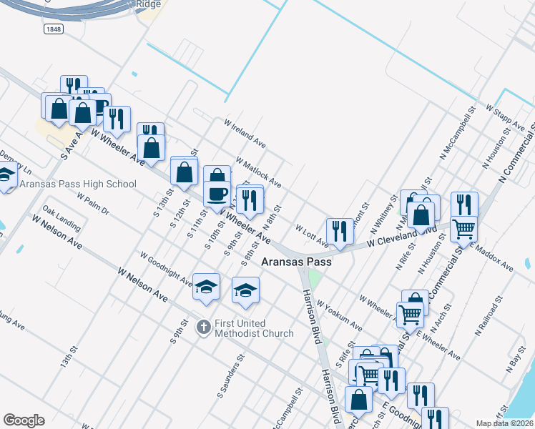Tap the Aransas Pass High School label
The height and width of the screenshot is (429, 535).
(78, 184)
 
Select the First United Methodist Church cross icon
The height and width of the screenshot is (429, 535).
(204, 327)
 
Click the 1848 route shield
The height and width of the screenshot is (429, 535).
(53, 29)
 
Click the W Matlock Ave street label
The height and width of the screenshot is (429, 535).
(257, 173)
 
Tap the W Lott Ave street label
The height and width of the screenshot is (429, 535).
(312, 237)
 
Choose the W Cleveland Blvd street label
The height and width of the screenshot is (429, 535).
(401, 237)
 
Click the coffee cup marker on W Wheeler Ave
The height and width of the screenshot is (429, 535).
(217, 193)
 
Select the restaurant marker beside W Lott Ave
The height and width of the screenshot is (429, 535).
(340, 231)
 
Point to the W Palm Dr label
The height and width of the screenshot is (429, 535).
(94, 204)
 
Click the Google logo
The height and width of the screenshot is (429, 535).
(24, 420)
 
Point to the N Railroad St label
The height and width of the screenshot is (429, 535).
(489, 320)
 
